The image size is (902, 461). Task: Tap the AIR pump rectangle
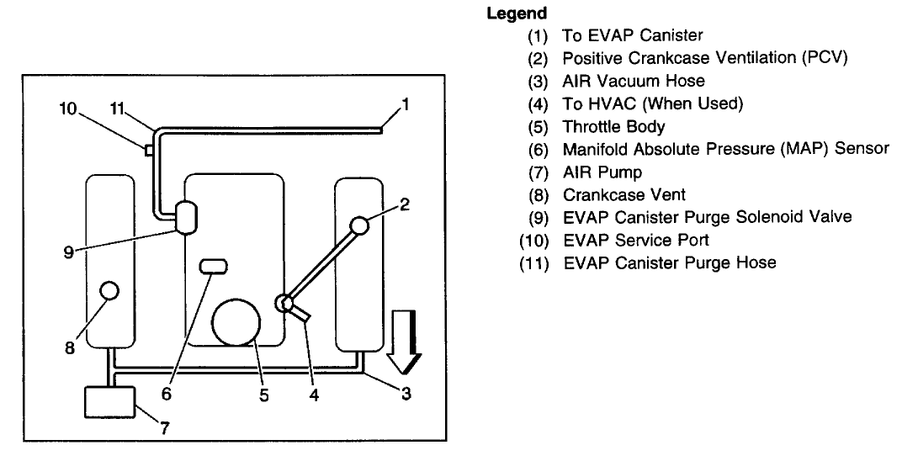coord(110,401)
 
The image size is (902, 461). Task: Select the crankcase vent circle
coord(109,291)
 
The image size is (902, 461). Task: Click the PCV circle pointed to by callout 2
coord(359,225)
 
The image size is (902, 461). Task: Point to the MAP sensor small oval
coord(214,267)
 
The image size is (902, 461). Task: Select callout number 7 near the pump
coord(165,427)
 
